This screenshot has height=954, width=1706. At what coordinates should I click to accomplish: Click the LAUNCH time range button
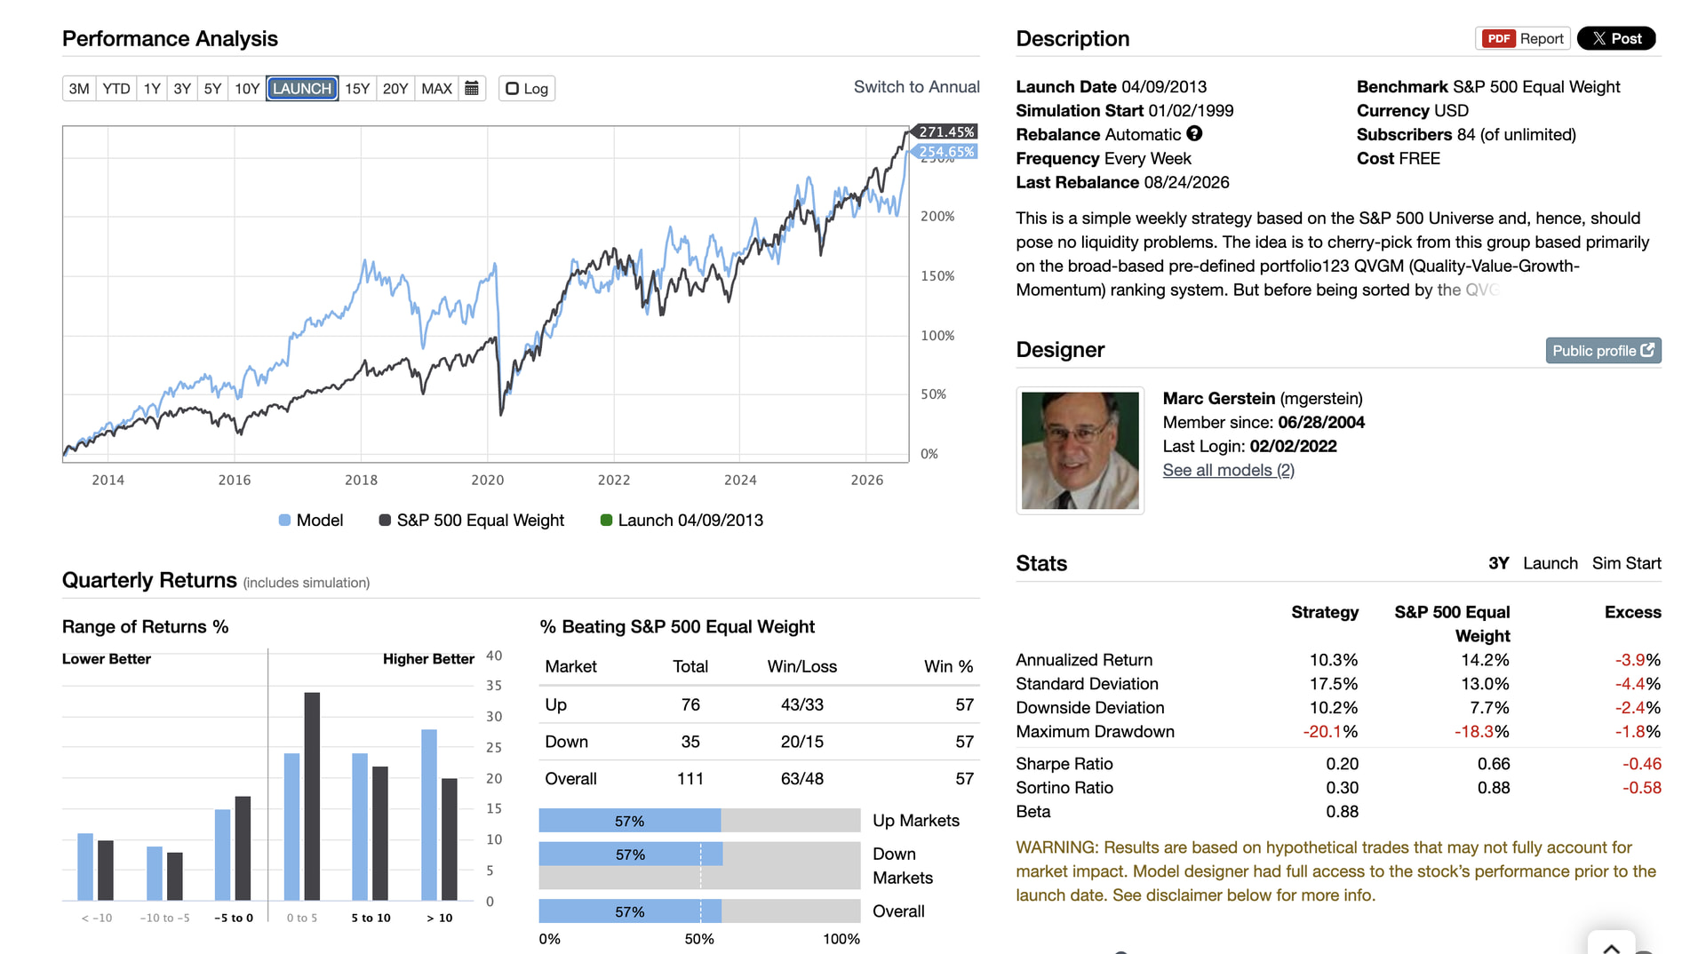click(302, 89)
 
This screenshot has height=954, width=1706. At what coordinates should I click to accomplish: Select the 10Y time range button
click(247, 89)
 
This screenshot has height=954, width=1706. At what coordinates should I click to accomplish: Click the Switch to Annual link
click(916, 87)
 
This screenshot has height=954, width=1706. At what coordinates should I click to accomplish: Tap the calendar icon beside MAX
click(472, 89)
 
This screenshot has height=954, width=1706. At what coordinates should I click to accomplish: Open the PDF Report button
click(1523, 39)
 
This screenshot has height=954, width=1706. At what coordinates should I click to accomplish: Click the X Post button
click(1616, 39)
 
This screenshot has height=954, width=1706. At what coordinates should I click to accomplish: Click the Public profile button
click(1603, 351)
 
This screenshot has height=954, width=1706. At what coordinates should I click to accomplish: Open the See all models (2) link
click(1228, 471)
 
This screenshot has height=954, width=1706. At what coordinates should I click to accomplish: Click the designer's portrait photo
click(1080, 450)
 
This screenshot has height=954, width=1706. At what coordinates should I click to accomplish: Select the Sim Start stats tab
click(1626, 563)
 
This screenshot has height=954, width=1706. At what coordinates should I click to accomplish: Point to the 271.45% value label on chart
click(946, 132)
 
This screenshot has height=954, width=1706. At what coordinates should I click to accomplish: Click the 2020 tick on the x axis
click(487, 481)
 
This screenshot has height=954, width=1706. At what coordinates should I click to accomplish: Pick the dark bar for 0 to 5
click(312, 797)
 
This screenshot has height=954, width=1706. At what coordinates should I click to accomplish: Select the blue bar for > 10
click(429, 815)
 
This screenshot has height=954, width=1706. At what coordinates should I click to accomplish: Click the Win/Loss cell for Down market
click(801, 742)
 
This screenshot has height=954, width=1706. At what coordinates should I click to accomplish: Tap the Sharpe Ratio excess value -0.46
click(1641, 764)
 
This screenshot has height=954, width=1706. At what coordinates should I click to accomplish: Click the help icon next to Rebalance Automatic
click(1194, 134)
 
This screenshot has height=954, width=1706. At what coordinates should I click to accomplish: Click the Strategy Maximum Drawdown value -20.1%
click(1330, 732)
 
